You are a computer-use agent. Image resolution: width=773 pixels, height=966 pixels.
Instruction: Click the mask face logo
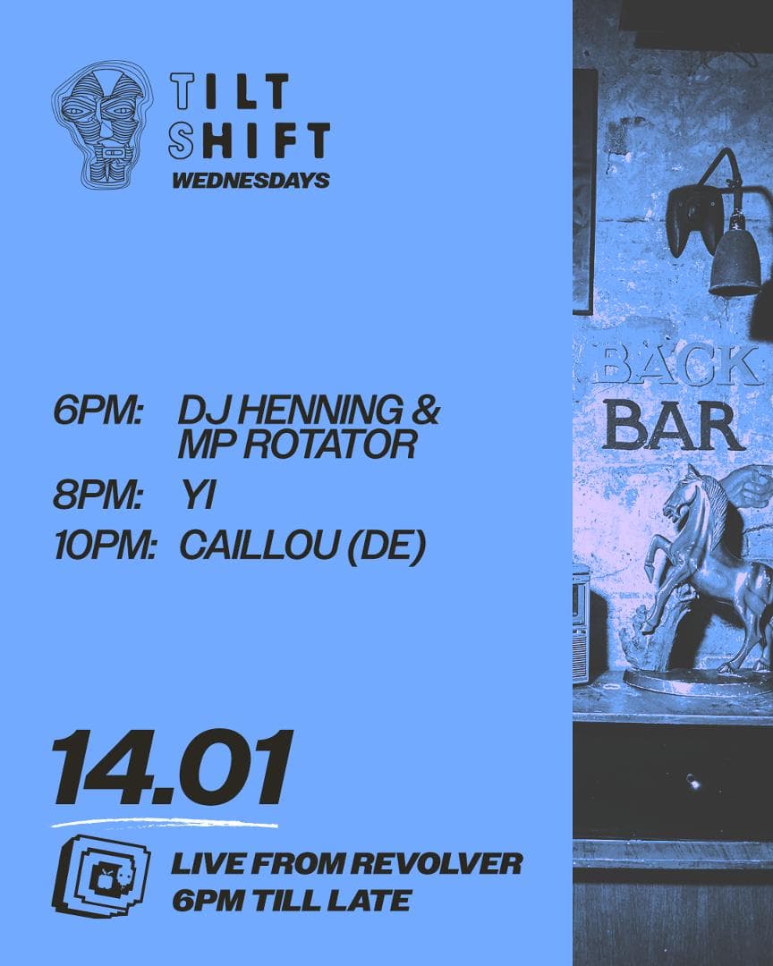coord(102,124)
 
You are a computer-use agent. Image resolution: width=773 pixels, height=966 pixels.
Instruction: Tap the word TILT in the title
coord(229,91)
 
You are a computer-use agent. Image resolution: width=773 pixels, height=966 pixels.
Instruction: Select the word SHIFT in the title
coord(250,140)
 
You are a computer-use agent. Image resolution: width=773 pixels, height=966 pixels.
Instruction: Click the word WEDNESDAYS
coord(251,181)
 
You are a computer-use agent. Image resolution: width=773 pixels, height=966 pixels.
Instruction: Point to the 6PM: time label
coord(98,411)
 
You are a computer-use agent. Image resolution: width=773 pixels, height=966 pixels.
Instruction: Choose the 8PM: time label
coord(98,496)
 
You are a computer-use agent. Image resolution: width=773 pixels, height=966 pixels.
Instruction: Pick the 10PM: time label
coord(105,546)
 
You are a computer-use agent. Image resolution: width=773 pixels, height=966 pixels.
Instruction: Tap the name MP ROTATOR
coord(297,445)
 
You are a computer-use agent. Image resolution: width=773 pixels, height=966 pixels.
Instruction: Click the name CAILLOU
coord(259,546)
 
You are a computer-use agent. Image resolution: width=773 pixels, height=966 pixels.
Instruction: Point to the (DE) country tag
coord(387,547)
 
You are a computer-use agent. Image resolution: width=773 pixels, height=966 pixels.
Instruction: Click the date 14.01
coord(172,767)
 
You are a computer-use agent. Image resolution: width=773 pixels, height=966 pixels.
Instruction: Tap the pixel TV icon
coord(102,876)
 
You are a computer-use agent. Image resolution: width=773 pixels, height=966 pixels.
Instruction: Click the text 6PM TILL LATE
coord(292,901)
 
